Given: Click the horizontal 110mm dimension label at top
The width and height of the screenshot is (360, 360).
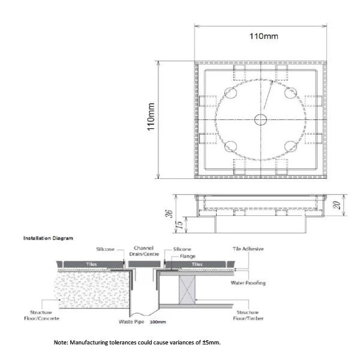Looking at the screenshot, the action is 264,36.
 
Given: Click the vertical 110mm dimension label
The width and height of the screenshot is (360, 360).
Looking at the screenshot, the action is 151,117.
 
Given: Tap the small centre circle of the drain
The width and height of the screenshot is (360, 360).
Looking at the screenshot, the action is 260,119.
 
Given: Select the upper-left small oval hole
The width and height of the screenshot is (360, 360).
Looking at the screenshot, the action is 231,92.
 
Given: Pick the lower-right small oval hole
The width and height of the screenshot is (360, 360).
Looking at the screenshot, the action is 290,146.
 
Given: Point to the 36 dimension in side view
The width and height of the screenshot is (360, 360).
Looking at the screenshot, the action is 169,214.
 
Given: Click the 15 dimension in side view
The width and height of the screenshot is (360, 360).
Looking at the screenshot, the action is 181,224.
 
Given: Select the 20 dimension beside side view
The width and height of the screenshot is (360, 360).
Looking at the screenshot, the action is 337,205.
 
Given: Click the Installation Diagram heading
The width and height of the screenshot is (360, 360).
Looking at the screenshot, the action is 48,238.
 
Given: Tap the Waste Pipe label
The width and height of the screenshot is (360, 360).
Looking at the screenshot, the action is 131,322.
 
